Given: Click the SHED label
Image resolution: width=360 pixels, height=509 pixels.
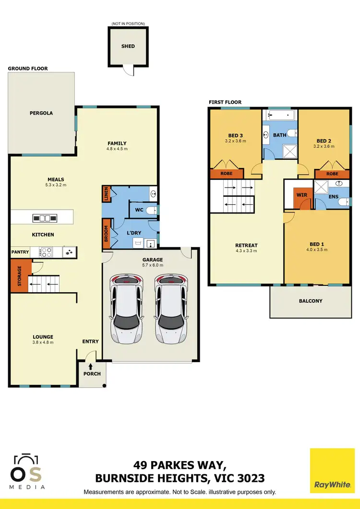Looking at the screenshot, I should pos(128,47).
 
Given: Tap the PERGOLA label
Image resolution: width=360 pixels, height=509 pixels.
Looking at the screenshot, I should pos(41,113).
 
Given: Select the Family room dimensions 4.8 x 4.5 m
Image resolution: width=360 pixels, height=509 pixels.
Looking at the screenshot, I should pos(117,149).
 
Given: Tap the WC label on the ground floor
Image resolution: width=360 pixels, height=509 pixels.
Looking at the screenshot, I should pos(140,210).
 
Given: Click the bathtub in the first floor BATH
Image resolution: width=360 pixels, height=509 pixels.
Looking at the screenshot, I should pos(278,115).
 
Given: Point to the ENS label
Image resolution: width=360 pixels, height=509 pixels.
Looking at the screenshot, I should pos(334,196).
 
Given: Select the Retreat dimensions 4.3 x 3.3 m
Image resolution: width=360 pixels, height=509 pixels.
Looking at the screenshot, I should pos(246,250).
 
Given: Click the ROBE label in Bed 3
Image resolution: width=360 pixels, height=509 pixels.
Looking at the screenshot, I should pos(227,174).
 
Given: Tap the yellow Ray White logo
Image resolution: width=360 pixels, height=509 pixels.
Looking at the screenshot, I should pos(332,471).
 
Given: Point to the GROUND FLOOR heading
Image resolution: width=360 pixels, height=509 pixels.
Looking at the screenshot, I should pos(28,69).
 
